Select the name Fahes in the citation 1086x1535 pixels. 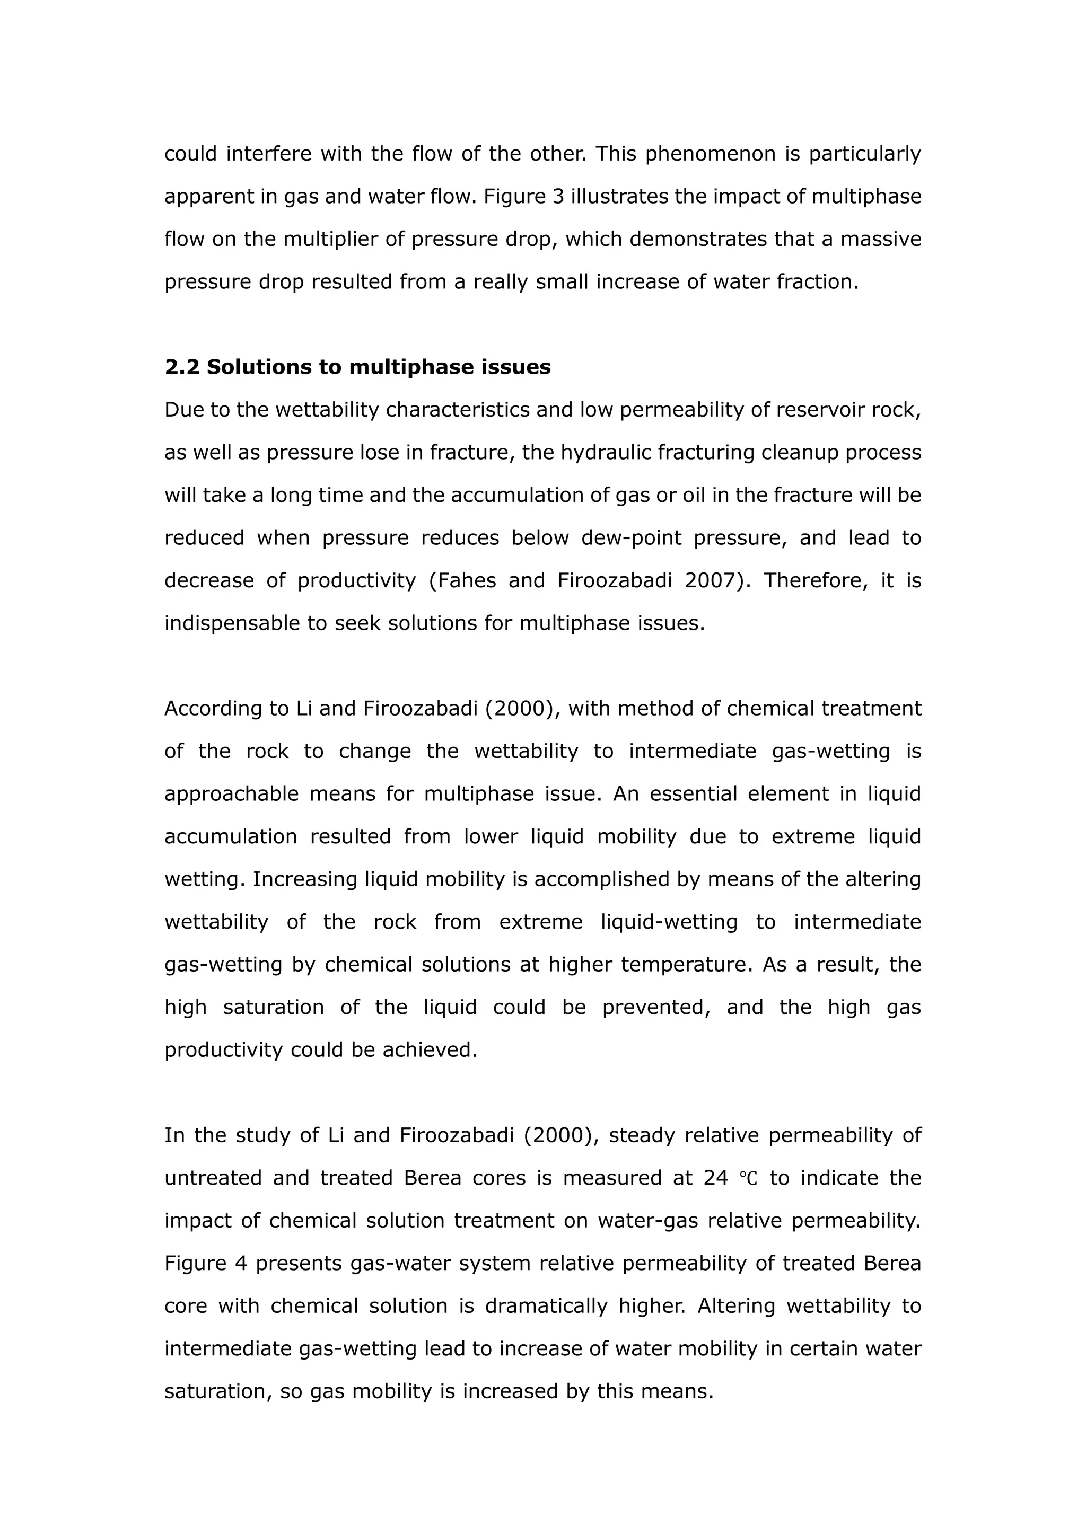(466, 580)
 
